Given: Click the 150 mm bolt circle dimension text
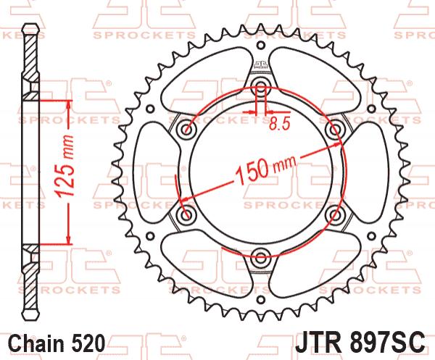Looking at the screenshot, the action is click(265, 170).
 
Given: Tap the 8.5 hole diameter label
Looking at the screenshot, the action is click(279, 124).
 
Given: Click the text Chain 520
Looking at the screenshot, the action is click(57, 343).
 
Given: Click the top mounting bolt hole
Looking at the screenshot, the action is click(260, 85).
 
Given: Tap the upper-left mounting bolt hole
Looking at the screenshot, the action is click(187, 129).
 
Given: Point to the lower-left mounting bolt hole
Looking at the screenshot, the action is click(187, 214).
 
